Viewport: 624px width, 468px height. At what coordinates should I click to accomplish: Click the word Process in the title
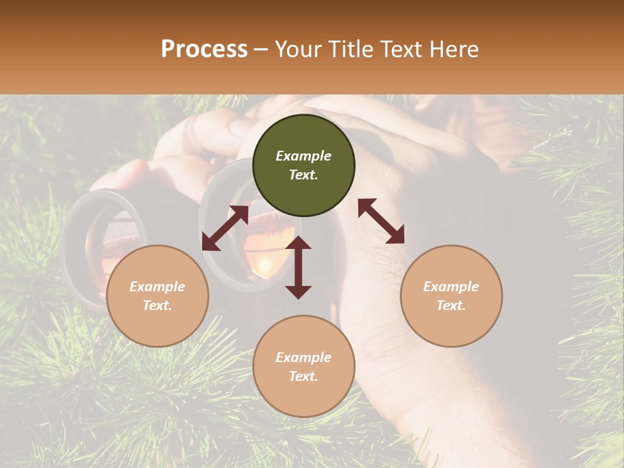(204, 49)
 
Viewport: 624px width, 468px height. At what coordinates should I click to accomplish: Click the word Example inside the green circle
(304, 156)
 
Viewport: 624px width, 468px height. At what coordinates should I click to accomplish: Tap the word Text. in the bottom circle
(304, 376)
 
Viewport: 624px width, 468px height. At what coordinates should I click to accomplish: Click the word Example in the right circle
(451, 287)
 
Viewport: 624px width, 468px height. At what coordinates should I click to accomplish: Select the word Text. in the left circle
(157, 305)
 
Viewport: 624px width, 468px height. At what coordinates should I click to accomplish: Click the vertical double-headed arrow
(298, 267)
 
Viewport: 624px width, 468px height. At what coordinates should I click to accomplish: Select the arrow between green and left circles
(225, 227)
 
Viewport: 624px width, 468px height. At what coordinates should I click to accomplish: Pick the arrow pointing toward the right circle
(381, 221)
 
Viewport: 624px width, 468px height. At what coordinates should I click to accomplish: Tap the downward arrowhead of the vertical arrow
(298, 292)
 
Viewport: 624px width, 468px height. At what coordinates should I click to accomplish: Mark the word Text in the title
(404, 49)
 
